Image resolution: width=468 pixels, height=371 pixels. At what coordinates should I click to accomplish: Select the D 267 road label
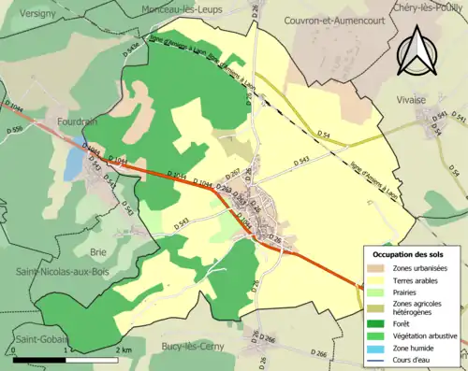coord(234,170)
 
